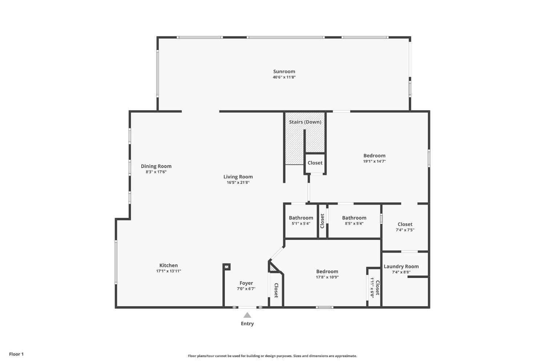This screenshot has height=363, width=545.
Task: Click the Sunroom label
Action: (x=284, y=72)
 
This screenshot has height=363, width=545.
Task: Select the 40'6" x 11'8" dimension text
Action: (x=284, y=77)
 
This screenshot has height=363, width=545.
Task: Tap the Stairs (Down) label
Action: (x=305, y=122)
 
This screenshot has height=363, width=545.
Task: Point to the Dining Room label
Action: (x=156, y=166)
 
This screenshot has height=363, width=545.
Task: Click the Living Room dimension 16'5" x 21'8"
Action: (x=238, y=182)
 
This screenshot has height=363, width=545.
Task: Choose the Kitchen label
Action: (x=168, y=266)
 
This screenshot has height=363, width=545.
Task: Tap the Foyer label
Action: (x=246, y=283)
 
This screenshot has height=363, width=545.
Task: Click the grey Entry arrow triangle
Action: (x=247, y=315)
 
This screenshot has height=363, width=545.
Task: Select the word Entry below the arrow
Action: (x=247, y=324)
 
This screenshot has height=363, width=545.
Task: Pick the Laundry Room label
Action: (x=401, y=266)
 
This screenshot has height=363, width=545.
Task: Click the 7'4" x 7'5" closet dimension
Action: (x=405, y=230)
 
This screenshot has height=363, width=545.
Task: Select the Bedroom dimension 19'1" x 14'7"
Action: (x=374, y=161)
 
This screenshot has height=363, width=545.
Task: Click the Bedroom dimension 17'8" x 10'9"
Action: (x=327, y=277)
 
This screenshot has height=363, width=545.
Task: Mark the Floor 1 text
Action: (x=16, y=354)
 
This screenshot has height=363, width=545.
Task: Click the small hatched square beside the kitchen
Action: (x=226, y=267)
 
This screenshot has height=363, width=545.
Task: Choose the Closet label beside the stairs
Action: (x=315, y=163)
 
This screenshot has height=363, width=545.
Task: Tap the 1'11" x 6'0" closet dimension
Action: (x=372, y=288)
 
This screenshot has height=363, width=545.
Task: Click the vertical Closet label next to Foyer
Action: (x=276, y=290)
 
